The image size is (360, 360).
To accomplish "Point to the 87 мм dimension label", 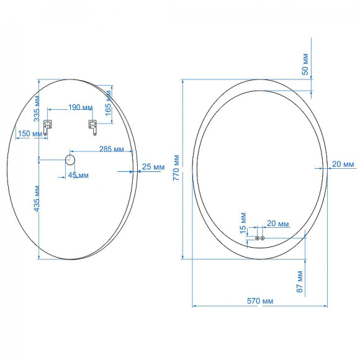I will tap(300, 281).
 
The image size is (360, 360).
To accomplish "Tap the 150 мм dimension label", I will tap(26, 133).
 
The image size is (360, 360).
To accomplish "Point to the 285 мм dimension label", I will tap(110, 149).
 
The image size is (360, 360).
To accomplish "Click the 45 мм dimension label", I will tap(78, 175).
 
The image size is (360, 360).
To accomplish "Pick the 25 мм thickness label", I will tap(153, 166).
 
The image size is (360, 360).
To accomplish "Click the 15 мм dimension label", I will tap(243, 220).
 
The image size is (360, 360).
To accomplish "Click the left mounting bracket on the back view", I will tap(47, 128).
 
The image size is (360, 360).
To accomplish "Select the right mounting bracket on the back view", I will tap(92, 127).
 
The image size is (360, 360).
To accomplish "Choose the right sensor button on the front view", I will tap(263, 238).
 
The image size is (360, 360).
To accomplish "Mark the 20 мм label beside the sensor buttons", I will tap(277, 223).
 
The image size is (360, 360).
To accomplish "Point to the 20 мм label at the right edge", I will tap(343, 164).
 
